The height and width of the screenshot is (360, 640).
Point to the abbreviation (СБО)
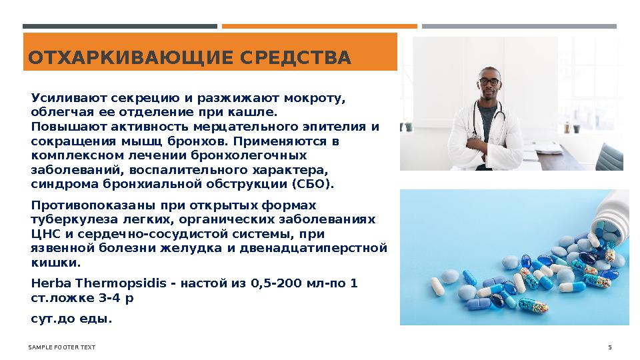click(313, 183)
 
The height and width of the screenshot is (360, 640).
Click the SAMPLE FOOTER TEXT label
click(61, 347)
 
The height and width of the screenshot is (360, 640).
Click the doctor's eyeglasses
click(489, 81)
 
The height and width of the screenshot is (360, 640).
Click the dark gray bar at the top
click(120, 27)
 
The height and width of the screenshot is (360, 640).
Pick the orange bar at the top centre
click(319, 27)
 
